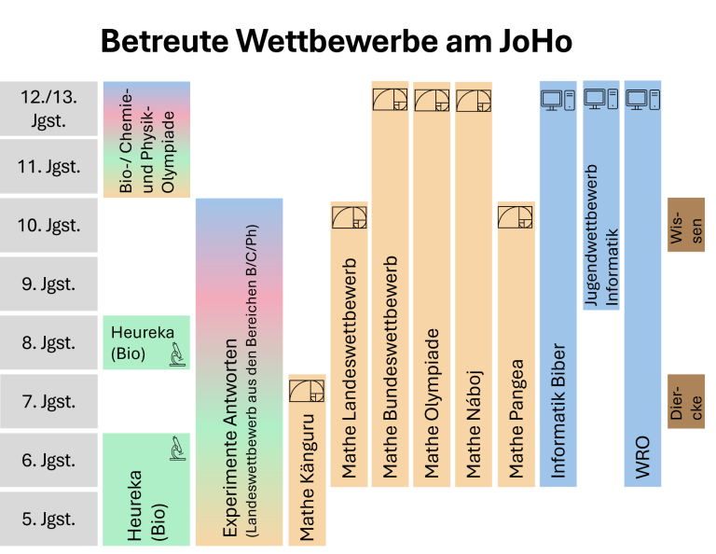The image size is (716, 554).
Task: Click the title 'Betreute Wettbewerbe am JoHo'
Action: [x=336, y=42]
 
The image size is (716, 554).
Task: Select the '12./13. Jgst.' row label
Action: [x=48, y=108]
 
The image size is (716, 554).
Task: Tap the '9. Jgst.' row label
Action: [x=48, y=284]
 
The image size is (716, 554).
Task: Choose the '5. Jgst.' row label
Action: [x=48, y=519]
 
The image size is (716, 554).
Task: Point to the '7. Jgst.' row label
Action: [x=48, y=401]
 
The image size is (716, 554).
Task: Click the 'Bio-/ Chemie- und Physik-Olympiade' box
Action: [x=145, y=140]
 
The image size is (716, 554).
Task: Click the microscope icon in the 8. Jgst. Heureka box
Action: [x=174, y=353]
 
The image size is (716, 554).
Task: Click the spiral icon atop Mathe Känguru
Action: [x=307, y=390]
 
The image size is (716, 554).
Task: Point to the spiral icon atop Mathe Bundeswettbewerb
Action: [x=390, y=99]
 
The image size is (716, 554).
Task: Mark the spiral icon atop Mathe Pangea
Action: [x=516, y=216]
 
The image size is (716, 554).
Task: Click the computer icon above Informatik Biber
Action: [x=558, y=99]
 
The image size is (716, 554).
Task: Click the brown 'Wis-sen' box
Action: [x=686, y=225]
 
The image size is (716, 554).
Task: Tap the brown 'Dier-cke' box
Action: [x=686, y=402]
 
